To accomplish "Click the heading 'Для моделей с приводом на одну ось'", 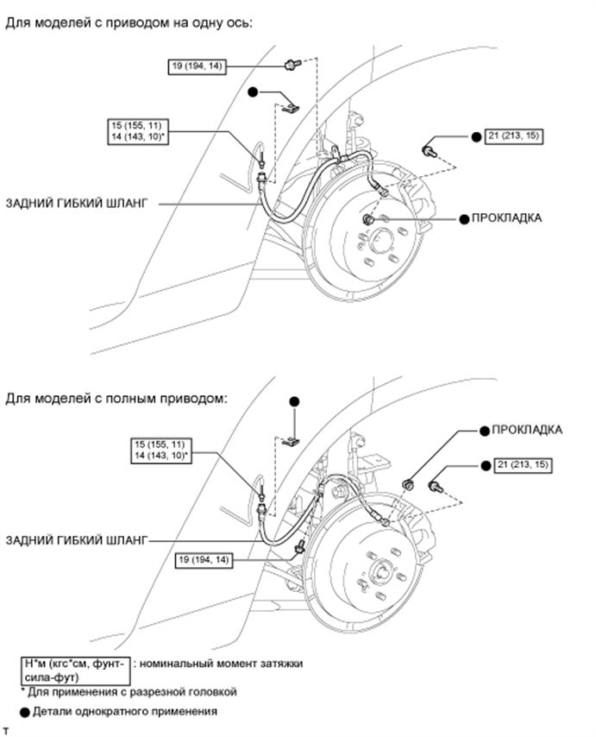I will click(x=129, y=22).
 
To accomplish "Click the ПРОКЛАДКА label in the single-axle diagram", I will click(x=506, y=218).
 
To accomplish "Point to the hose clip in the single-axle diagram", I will click(x=292, y=107).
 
